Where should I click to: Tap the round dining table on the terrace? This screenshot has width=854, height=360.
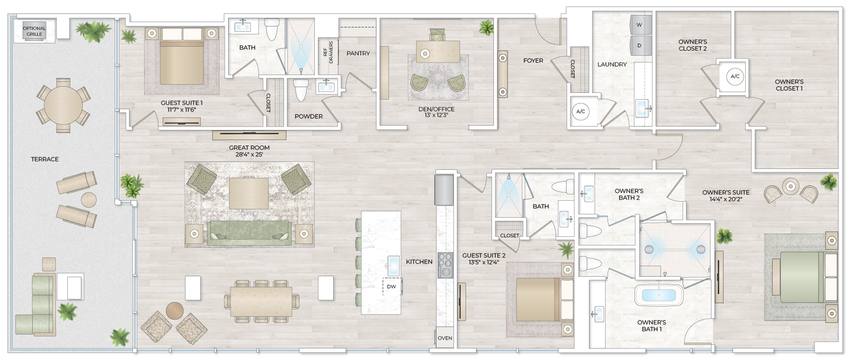pos(63,105)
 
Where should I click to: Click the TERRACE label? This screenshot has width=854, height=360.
pos(45,159)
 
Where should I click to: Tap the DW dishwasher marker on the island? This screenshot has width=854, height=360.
pos(391,287)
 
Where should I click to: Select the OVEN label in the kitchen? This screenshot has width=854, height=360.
pos(445,338)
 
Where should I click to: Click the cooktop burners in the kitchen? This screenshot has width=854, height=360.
pos(445,265)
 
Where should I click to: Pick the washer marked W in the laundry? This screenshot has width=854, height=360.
pos(640,25)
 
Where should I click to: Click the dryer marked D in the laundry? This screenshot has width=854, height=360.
pos(640,46)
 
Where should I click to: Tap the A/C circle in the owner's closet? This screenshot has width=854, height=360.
pos(735,76)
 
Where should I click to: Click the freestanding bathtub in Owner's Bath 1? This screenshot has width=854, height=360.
pos(659,295)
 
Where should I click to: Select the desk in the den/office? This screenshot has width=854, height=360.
pos(438,51)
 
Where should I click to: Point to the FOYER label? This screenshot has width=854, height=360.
pos(533,61)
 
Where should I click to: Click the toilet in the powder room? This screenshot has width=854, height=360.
pos(301,90)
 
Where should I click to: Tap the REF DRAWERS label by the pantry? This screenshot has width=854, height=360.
pos(328,52)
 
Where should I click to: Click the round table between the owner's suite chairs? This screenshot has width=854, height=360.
pos(790,186)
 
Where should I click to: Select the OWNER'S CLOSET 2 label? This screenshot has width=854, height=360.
pos(692,45)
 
